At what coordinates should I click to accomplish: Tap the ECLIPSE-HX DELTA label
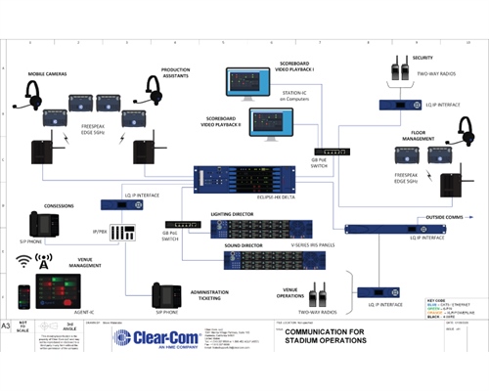click(x=231, y=197)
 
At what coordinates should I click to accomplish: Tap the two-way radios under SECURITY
click(x=400, y=70)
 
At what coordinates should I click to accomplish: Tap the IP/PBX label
click(x=98, y=233)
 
